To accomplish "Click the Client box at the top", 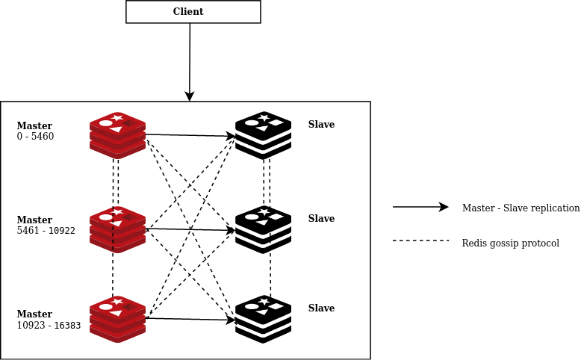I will (193, 12).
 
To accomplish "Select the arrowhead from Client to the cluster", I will (190, 96).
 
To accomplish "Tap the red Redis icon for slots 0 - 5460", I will (117, 135).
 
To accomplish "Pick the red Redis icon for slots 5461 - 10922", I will (117, 229).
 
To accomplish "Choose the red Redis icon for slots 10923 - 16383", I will (117, 319).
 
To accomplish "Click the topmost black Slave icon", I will (263, 135).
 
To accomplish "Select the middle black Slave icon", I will (263, 229).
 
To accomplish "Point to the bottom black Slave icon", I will (263, 319).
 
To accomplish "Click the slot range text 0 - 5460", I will (35, 137).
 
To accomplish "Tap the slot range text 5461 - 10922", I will (46, 231).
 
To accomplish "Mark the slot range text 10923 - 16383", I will (49, 326).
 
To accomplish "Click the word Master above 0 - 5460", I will (34, 125).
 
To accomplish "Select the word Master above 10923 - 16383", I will (34, 314).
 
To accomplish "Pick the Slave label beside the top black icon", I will (321, 125).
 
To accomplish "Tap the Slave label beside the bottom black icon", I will (321, 308).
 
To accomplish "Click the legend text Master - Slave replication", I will (521, 208).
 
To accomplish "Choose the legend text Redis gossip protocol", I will (510, 243).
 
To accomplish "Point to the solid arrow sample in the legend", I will (420, 207).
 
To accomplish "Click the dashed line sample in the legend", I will (420, 240).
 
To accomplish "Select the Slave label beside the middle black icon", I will (321, 219).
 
